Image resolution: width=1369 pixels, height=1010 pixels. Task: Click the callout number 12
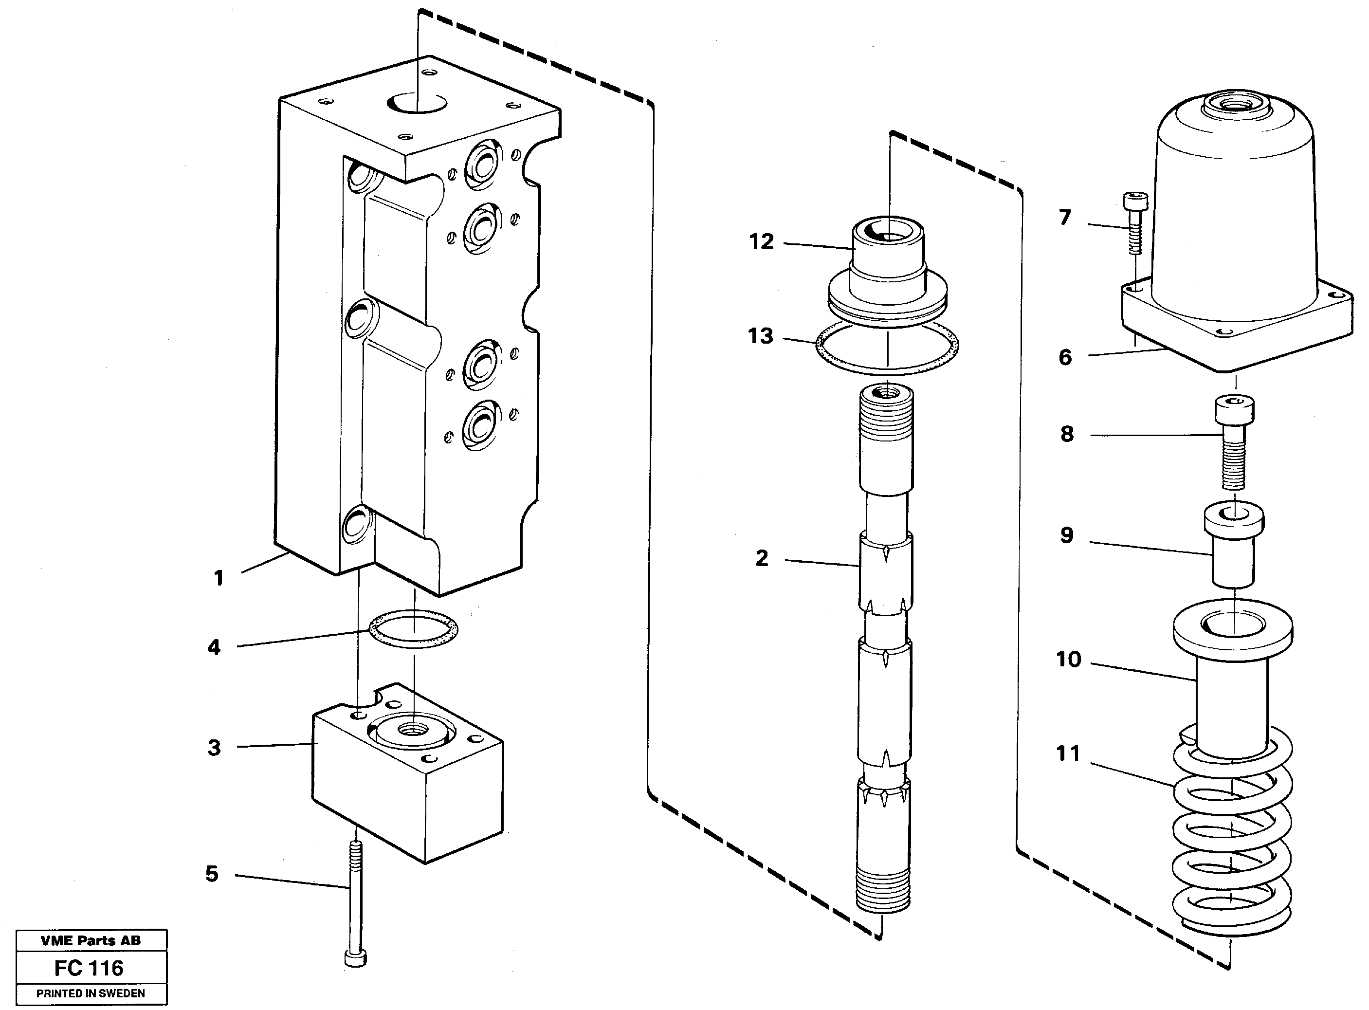[x=762, y=242]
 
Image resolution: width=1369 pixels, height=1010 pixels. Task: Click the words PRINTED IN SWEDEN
[x=91, y=993]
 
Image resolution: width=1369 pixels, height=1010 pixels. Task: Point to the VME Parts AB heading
[x=91, y=941]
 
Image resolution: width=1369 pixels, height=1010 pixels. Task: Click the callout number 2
[x=762, y=558]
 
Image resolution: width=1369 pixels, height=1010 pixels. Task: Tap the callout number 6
[x=1065, y=357]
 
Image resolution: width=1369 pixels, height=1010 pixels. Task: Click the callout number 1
[x=218, y=578]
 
